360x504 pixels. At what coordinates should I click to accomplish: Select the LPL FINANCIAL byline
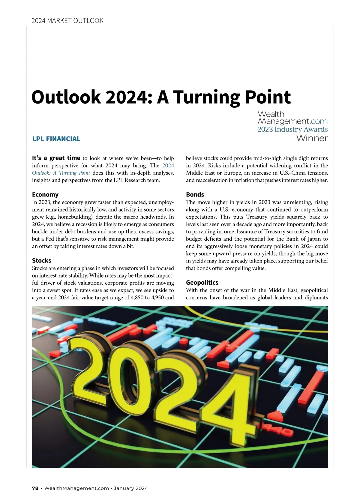point(56,139)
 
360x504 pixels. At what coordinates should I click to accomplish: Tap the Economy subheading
point(45,194)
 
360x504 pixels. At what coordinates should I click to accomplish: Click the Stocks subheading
point(41,260)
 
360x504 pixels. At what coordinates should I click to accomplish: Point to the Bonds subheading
point(195,194)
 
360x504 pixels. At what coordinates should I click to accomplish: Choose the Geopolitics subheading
point(202,282)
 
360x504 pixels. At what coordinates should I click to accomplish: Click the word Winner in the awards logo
point(312,138)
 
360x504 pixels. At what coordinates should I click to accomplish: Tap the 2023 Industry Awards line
point(292,129)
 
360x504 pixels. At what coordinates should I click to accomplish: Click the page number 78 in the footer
point(35,488)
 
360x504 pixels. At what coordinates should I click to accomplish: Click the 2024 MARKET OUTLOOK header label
point(67,21)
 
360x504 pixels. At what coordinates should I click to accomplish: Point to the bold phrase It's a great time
point(56,158)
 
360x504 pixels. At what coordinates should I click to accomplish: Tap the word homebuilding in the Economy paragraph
point(75,217)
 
